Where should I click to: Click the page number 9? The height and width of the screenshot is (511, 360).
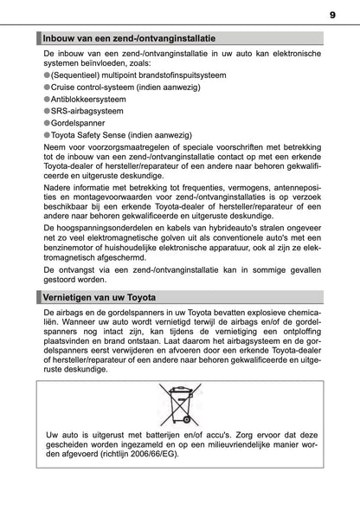click(x=332, y=15)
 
